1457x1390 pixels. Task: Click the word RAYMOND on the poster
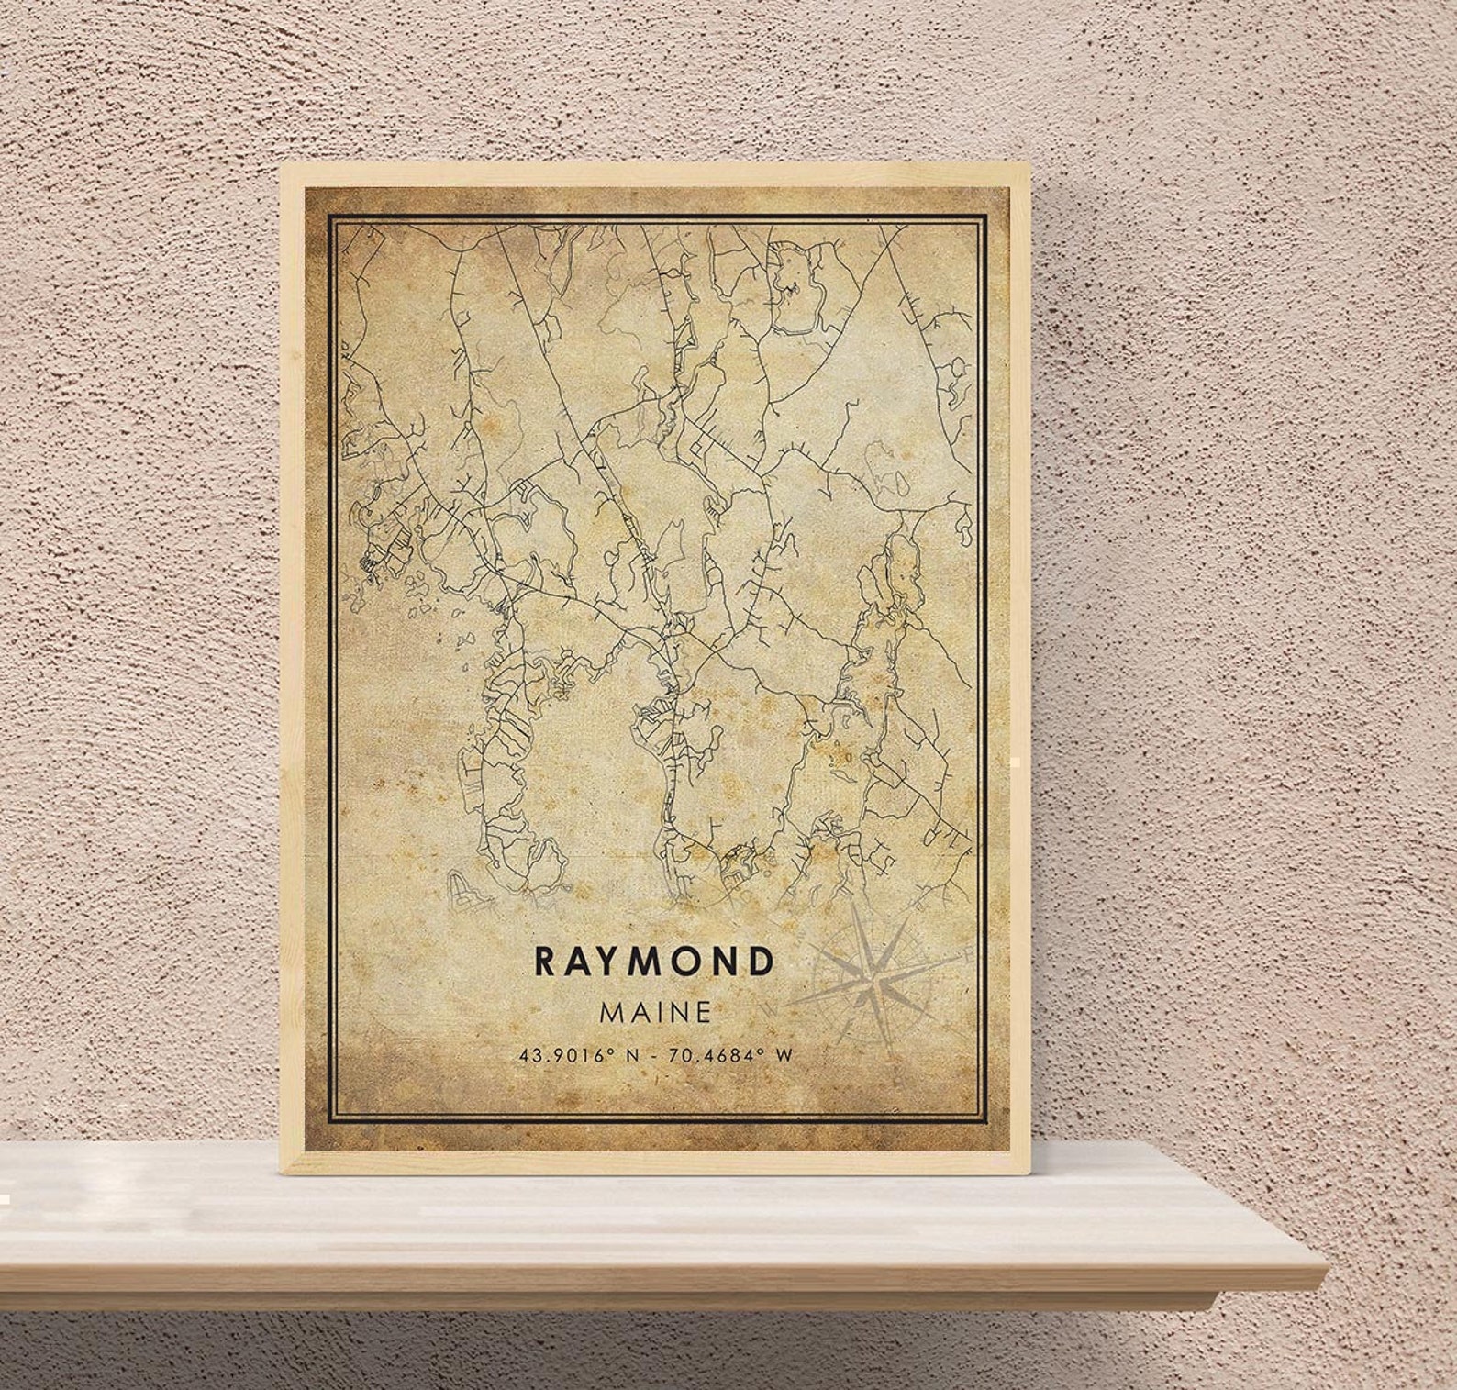[652, 962]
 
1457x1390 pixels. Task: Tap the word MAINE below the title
[653, 1012]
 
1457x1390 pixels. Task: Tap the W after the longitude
[783, 1055]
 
